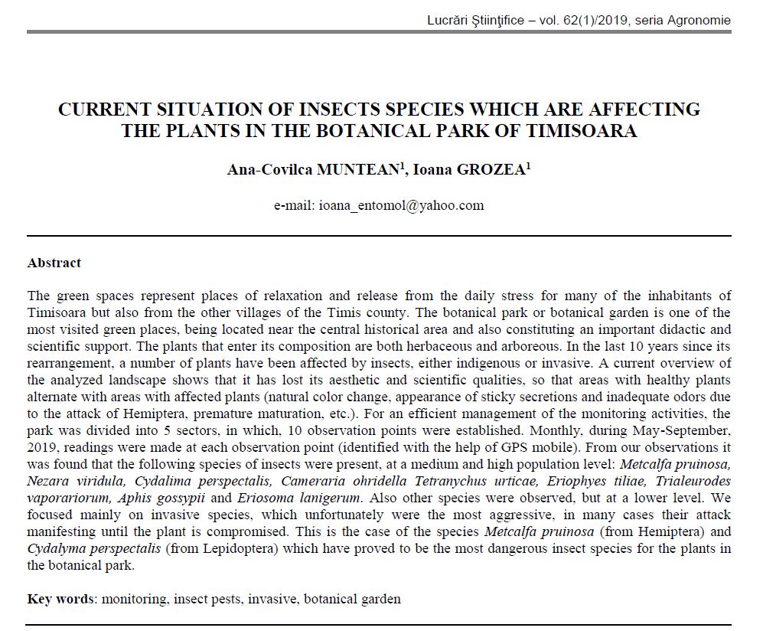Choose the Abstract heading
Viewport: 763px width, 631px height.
pos(54,263)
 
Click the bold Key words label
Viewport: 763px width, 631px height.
pos(61,599)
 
